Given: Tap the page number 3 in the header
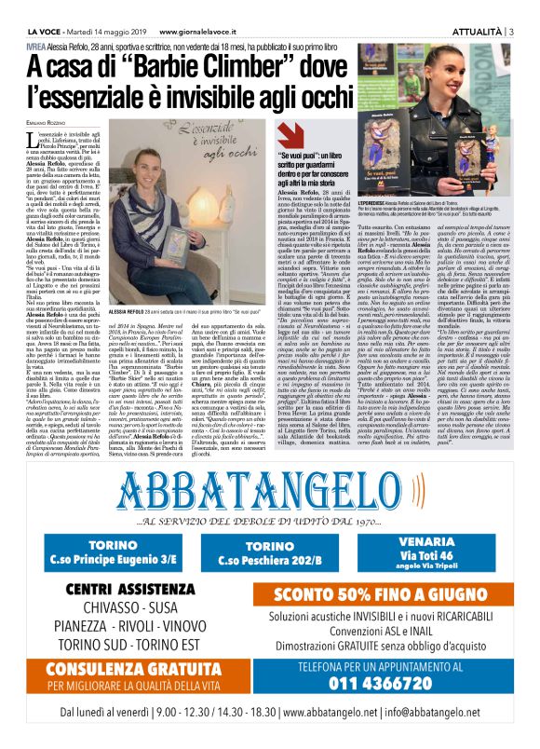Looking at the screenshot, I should tap(533, 7).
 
